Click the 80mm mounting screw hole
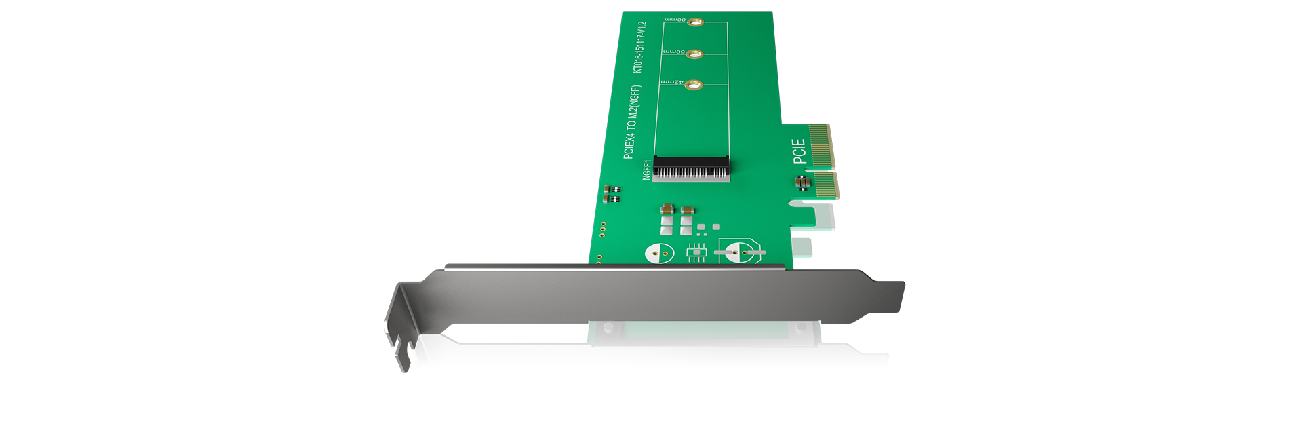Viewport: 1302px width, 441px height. (694, 22)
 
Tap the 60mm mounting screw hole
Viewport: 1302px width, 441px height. (694, 54)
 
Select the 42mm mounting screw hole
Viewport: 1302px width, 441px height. (693, 85)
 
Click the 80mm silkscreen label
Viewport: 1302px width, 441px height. (675, 20)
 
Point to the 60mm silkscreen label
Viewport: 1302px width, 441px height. (673, 52)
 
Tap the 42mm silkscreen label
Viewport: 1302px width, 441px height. (671, 82)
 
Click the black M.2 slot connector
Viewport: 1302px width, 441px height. (691, 168)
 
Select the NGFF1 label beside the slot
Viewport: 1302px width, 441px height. (647, 170)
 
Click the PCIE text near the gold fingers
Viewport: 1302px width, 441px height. (800, 151)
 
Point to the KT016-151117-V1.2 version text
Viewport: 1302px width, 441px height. (639, 47)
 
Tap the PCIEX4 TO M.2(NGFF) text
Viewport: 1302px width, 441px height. (631, 122)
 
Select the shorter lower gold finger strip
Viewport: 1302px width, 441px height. (826, 185)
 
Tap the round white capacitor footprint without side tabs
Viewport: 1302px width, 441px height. (659, 254)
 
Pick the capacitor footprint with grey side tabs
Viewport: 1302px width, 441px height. (740, 253)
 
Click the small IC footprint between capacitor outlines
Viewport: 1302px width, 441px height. (696, 252)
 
